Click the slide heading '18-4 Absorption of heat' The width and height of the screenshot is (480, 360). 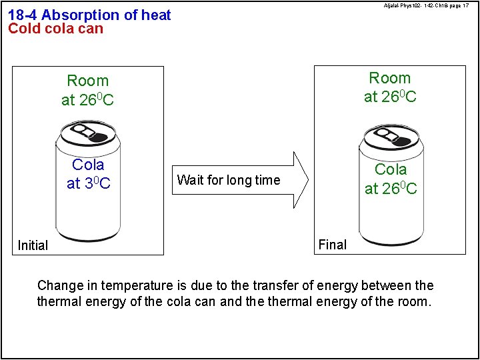pyautogui.click(x=89, y=15)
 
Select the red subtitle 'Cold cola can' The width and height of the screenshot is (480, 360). pyautogui.click(x=55, y=29)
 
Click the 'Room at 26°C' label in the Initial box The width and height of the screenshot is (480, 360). pyautogui.click(x=87, y=91)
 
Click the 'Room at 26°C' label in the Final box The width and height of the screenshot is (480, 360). pyautogui.click(x=390, y=87)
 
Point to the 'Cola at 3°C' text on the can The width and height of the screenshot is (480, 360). pyautogui.click(x=88, y=173)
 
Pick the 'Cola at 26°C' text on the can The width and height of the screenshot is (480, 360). pyautogui.click(x=391, y=179)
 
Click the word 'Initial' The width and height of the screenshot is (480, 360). pyautogui.click(x=33, y=245)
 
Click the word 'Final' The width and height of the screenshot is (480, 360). pyautogui.click(x=333, y=245)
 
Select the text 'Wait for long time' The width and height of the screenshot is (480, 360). pyautogui.click(x=229, y=180)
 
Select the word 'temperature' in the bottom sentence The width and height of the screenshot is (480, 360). pyautogui.click(x=137, y=286)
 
